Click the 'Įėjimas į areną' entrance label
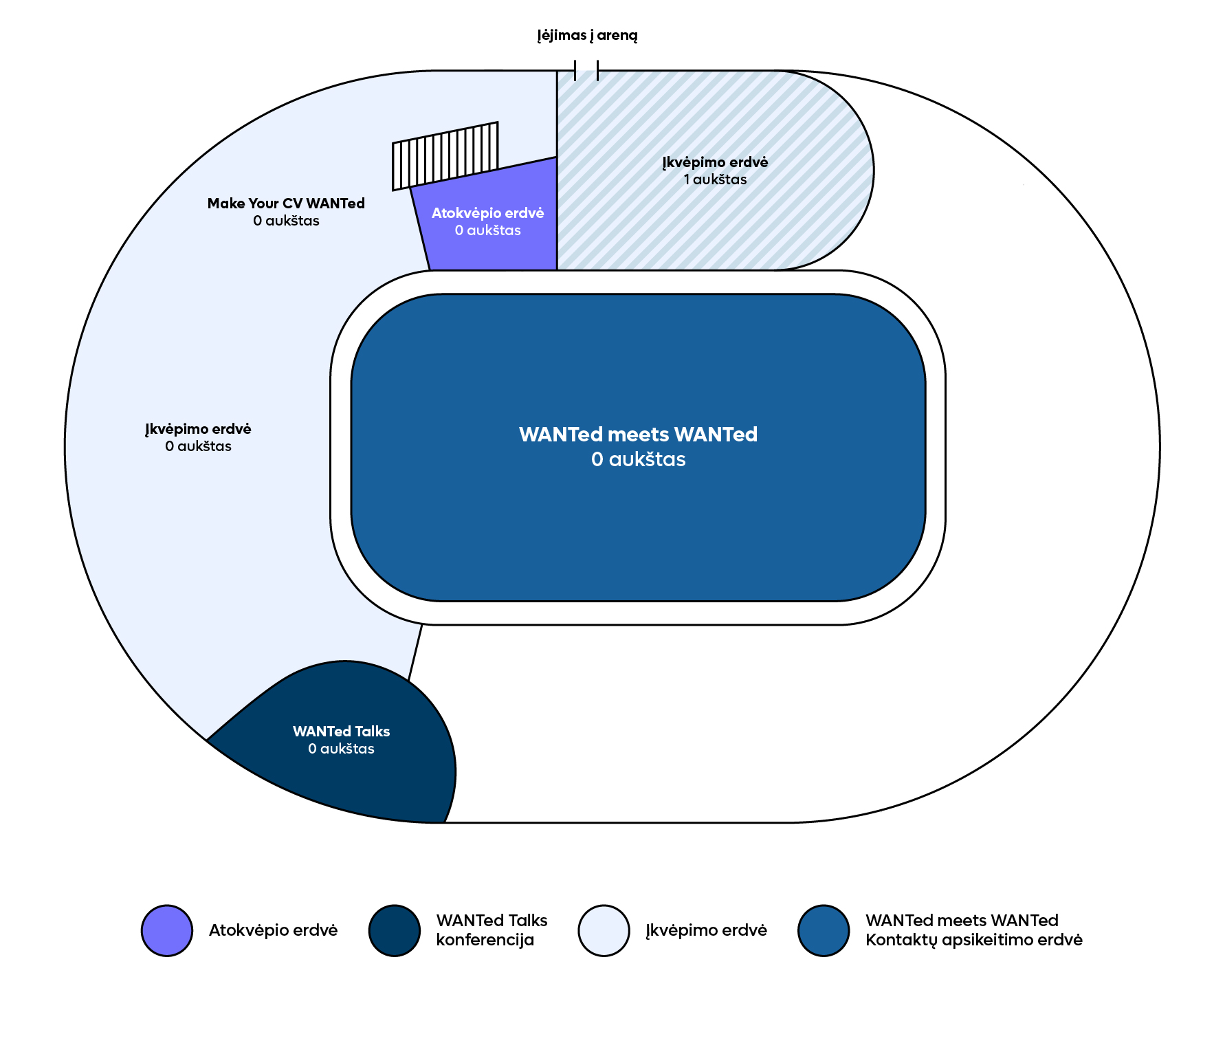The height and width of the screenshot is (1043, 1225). [587, 35]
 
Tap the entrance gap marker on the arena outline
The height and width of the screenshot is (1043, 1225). [586, 70]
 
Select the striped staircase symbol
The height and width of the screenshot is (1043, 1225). [445, 155]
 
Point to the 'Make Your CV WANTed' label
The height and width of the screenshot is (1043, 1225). [286, 204]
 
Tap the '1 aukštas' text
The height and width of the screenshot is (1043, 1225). [715, 180]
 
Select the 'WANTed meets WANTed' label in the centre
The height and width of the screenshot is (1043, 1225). [638, 435]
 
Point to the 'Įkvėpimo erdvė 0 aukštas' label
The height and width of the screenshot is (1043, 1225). [198, 437]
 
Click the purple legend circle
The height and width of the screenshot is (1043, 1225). [167, 930]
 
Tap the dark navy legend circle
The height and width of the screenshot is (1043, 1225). [395, 930]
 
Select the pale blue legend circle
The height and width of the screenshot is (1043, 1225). [604, 930]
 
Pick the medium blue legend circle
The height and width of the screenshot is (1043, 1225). [824, 930]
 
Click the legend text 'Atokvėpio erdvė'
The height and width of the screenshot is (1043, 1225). [273, 930]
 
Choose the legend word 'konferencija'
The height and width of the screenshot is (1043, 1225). [485, 940]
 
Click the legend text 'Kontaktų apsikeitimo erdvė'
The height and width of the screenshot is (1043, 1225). [973, 940]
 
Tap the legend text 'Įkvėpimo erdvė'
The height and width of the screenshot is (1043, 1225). [706, 930]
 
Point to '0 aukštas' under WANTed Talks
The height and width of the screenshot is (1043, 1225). [341, 749]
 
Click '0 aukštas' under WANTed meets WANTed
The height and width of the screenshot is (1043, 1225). [638, 459]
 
